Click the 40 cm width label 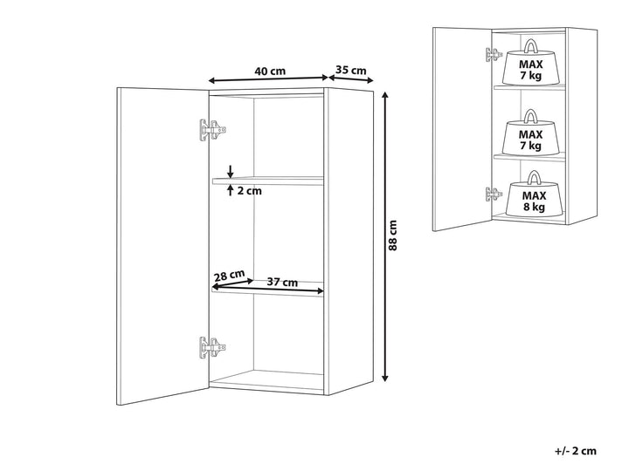point(270,72)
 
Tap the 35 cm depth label point(351,70)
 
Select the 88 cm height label point(393,235)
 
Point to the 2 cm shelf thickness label point(249,191)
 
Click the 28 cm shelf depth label point(229,276)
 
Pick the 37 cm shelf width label point(282,283)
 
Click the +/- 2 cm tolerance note point(576,451)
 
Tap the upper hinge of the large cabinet point(212,130)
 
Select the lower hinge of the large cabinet point(212,347)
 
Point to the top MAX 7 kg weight point(531,63)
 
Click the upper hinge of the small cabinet point(494,55)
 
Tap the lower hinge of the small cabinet point(494,195)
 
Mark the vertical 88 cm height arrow point(385,236)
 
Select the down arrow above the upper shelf point(231,171)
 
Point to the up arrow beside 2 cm point(231,190)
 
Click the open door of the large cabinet point(163,246)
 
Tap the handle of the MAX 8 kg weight point(534,177)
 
